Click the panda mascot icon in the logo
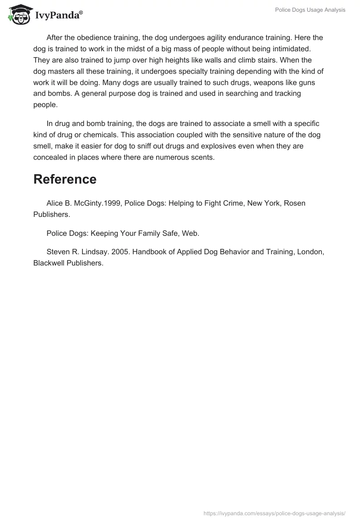pyautogui.click(x=18, y=14)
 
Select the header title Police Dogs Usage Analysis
pyautogui.click(x=310, y=10)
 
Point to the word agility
pyautogui.click(x=213, y=38)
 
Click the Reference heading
pyautogui.click(x=65, y=179)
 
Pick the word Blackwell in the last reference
pyautogui.click(x=50, y=263)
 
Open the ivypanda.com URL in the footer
pyautogui.click(x=274, y=513)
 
